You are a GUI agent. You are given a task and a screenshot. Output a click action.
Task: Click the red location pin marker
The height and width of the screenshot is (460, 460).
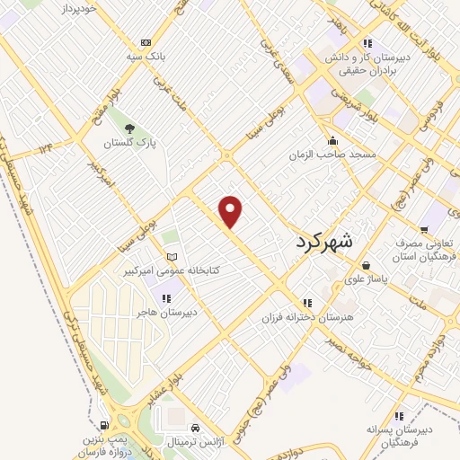[231, 211]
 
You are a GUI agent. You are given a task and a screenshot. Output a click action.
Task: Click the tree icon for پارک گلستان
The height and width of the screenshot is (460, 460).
[129, 128]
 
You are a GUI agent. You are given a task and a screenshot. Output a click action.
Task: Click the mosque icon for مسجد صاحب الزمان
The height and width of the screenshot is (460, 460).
[333, 141]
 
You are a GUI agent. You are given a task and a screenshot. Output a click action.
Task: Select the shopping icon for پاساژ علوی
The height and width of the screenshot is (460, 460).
[367, 265]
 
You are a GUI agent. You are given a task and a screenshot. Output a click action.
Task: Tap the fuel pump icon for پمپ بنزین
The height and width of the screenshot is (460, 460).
[106, 425]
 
